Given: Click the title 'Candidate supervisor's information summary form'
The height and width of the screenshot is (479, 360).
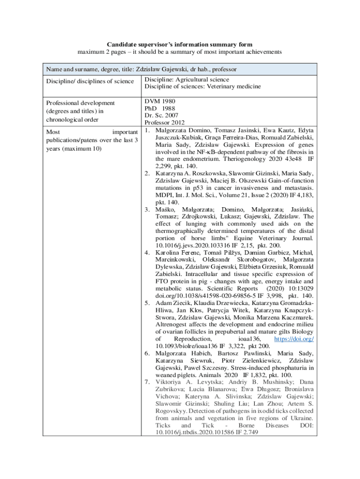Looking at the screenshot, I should (180, 44).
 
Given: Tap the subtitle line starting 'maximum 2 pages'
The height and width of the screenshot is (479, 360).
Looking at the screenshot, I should (180, 52).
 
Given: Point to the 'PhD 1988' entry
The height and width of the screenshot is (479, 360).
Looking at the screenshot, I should (159, 108).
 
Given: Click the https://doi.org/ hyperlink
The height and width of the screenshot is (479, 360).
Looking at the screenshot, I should (294, 338).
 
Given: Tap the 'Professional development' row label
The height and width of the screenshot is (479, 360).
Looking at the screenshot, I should (80, 103).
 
